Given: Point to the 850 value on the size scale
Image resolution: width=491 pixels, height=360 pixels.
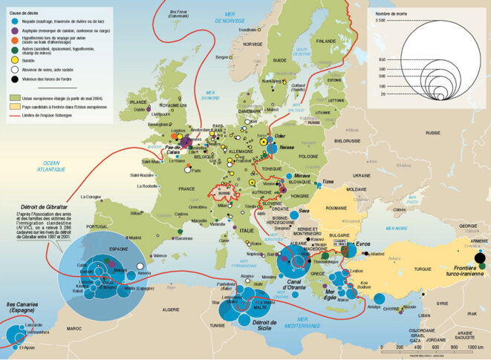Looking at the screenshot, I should coord(383,59).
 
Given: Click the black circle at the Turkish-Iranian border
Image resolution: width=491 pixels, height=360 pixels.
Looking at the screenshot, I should coord(479,259).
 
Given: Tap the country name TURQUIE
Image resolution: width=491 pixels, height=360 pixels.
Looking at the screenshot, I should coord(422,267).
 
